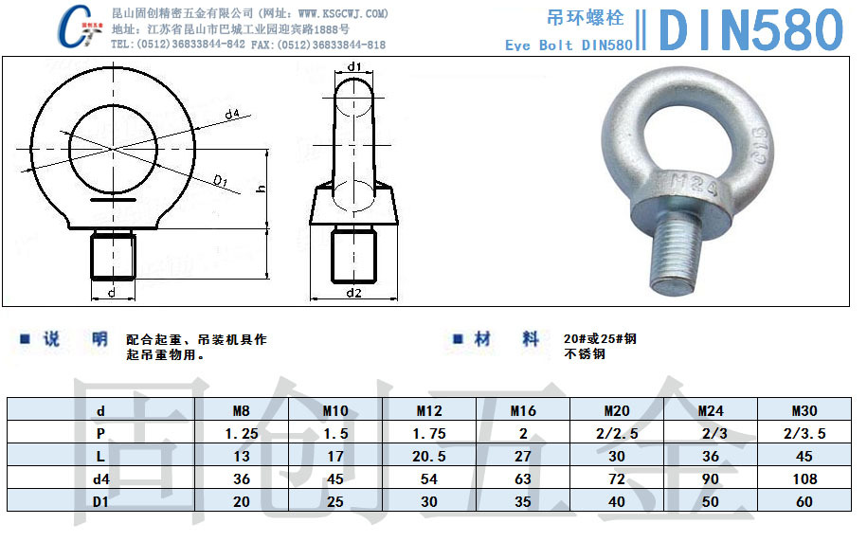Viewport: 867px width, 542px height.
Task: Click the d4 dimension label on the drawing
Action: [232, 115]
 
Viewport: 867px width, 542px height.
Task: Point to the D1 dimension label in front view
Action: [219, 180]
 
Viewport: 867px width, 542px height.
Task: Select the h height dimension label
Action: [261, 189]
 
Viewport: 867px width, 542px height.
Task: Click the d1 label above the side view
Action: [354, 66]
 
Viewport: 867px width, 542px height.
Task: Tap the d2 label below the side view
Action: [353, 293]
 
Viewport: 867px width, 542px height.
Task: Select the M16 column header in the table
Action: [523, 411]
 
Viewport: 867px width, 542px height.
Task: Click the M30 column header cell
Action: [804, 411]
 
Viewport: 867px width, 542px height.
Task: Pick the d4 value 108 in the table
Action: [804, 479]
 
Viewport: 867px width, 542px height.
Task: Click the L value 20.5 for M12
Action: [429, 457]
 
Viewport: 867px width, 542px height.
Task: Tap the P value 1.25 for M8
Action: [242, 434]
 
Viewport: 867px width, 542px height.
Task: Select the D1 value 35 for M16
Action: [523, 502]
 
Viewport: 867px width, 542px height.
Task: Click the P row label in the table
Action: [100, 434]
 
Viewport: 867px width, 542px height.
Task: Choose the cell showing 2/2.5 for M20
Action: [617, 434]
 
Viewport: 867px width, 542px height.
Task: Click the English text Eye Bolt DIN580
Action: [569, 45]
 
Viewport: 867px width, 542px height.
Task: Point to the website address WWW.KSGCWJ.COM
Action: [343, 13]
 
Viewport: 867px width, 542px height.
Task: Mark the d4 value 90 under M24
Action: [711, 479]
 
